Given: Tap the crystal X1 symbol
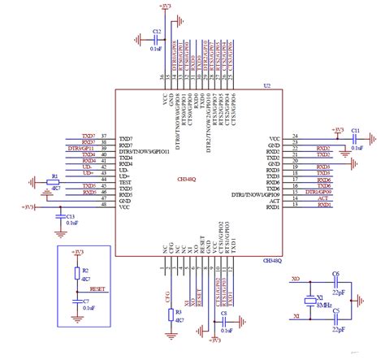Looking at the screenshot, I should click(309, 301).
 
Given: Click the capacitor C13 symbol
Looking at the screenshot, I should click(59, 217).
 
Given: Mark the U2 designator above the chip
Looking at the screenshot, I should click(266, 85).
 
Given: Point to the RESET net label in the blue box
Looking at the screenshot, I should click(97, 288).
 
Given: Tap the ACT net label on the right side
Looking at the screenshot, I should click(322, 197).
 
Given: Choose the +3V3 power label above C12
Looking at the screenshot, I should click(166, 6).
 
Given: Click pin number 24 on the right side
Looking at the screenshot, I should click(295, 137).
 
